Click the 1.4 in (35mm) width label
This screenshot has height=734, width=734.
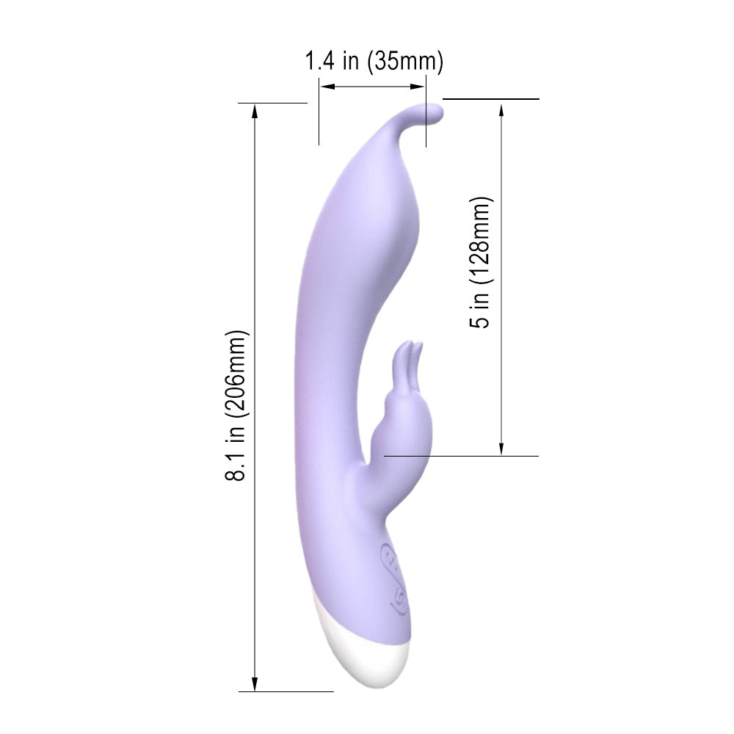coord(374,62)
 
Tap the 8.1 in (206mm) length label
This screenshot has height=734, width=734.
coord(236,405)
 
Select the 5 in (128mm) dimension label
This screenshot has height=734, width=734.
coord(480,262)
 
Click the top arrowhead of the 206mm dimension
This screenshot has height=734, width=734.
coord(255,112)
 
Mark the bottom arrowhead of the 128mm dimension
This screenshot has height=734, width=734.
coord(501,448)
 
